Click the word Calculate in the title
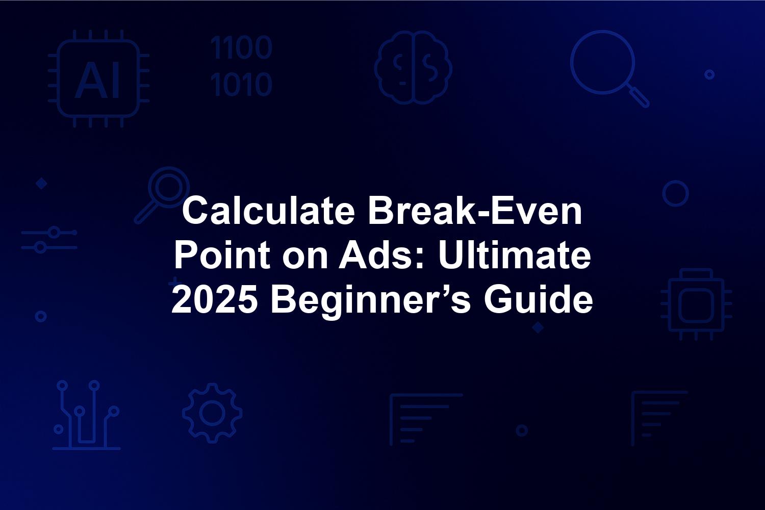(268, 211)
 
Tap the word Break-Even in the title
(475, 211)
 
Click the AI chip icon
(98, 79)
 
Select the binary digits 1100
(241, 47)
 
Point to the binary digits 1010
(241, 84)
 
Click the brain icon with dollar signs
(413, 67)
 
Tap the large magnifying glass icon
(609, 69)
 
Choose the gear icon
(213, 413)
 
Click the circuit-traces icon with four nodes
(86, 415)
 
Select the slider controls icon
(49, 240)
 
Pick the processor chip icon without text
(696, 304)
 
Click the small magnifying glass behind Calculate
(162, 195)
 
